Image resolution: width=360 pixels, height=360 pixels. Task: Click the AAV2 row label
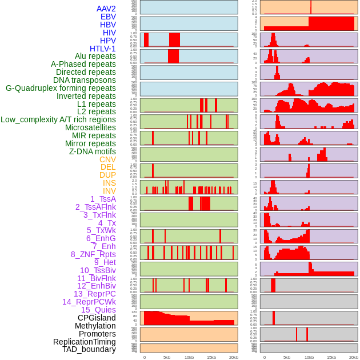(x=106, y=9)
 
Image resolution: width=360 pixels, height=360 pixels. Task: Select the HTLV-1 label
(x=102, y=49)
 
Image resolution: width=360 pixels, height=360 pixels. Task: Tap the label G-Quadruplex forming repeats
(x=61, y=88)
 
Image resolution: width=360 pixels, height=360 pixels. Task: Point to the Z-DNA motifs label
(x=92, y=151)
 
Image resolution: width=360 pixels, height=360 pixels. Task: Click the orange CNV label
(x=107, y=159)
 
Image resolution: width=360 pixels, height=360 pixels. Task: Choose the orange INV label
(x=109, y=191)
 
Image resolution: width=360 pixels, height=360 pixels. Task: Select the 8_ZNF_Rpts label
(x=93, y=254)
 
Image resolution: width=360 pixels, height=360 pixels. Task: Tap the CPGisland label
(x=97, y=318)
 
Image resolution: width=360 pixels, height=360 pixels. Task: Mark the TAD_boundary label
(x=89, y=349)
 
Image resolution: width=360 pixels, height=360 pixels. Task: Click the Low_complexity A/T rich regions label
(x=58, y=119)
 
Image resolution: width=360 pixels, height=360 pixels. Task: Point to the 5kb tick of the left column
(x=167, y=357)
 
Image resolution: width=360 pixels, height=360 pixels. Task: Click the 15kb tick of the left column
(x=211, y=357)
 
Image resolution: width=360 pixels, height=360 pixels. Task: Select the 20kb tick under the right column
(x=354, y=357)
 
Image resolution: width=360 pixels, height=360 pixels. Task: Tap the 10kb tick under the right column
(x=309, y=357)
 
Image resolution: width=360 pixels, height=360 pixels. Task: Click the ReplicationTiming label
(x=84, y=342)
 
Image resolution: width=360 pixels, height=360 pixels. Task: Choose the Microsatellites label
(x=90, y=127)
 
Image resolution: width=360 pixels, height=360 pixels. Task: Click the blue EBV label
(x=108, y=17)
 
